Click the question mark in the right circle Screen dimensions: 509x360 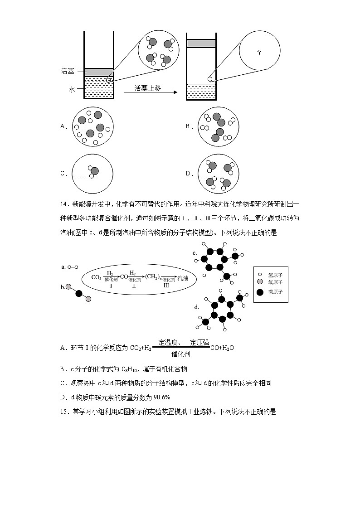tap(259, 53)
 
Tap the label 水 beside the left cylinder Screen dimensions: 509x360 tap(72, 90)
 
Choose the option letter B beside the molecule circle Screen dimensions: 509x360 tap(188, 126)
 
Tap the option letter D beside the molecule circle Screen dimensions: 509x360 tap(188, 173)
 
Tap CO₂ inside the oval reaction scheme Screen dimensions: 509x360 tap(96, 277)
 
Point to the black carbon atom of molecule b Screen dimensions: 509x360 tap(79, 293)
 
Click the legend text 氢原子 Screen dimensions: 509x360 tap(275, 275)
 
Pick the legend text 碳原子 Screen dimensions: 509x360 tap(275, 292)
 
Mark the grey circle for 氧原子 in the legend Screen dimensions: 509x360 tap(260, 282)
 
